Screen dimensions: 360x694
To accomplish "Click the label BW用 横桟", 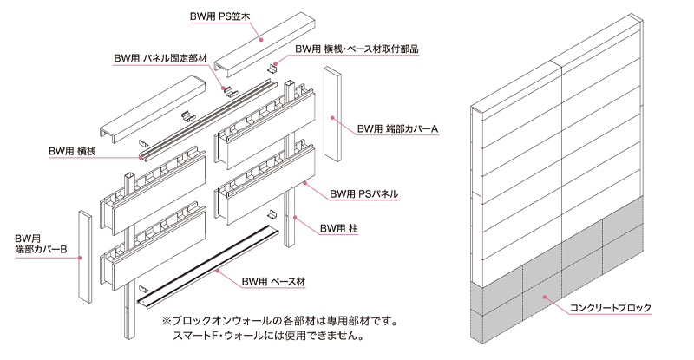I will (x=73, y=151).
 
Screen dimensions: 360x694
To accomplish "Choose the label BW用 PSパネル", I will (x=367, y=194).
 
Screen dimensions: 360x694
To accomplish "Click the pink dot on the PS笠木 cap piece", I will (x=261, y=37).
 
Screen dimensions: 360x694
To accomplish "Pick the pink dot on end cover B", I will (x=80, y=258).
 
